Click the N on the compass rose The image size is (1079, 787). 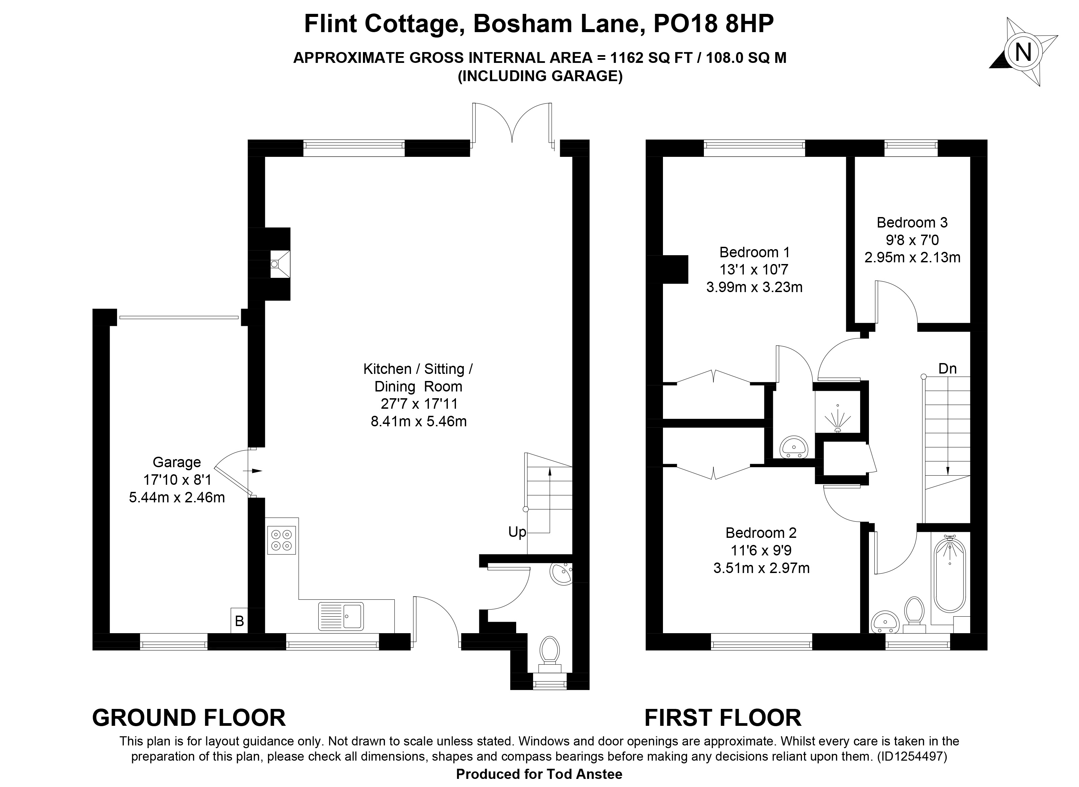point(1023,52)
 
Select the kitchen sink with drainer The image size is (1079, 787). point(341,616)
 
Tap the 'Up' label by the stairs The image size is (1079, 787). point(517,532)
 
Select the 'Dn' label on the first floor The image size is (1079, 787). point(947,368)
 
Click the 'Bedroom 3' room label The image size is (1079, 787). point(912,222)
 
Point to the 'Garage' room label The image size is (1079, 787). point(177,462)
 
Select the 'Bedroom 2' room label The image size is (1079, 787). point(761,532)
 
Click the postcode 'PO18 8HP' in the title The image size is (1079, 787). point(713,24)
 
